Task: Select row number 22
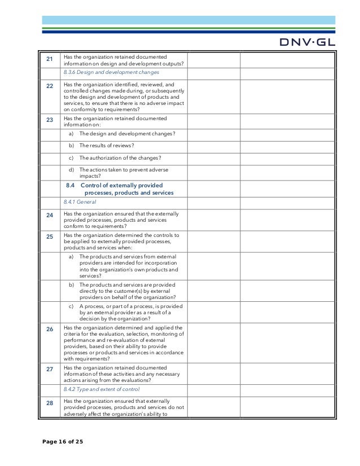tap(49, 86)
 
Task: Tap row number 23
tap(49, 120)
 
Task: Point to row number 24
tap(49, 216)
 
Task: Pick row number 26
tap(49, 329)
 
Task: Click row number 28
tap(49, 403)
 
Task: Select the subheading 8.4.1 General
tap(80, 202)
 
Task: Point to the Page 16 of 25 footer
tap(63, 441)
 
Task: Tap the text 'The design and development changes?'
tap(127, 134)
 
